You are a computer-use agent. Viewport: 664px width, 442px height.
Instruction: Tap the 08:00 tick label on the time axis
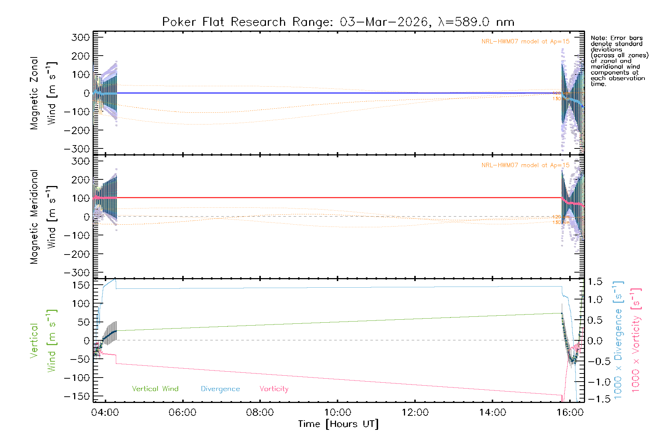click(260, 412)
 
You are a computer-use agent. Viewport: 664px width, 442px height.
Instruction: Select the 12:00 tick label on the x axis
click(415, 412)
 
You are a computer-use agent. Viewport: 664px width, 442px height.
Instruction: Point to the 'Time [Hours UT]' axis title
click(338, 424)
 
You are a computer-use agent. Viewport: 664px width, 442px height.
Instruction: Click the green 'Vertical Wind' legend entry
click(155, 389)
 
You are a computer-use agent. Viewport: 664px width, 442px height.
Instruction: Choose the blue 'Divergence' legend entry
click(220, 389)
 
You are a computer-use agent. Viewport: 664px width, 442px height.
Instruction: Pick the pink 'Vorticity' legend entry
click(274, 389)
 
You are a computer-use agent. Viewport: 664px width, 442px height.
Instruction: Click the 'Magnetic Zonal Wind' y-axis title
click(43, 93)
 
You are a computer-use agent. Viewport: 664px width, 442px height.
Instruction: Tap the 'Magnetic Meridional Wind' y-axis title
click(43, 217)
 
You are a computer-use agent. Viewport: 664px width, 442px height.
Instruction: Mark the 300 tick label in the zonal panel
click(80, 38)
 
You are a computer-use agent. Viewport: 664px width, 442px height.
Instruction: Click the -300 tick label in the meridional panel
click(77, 273)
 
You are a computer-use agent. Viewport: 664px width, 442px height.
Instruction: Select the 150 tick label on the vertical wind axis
click(80, 285)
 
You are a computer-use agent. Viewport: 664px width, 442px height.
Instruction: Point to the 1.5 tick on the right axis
click(595, 282)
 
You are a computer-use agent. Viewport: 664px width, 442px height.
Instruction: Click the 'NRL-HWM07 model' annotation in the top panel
click(525, 42)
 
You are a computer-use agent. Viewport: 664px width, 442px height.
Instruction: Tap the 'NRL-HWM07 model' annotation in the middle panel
click(525, 165)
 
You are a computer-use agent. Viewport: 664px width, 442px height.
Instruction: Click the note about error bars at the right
click(619, 61)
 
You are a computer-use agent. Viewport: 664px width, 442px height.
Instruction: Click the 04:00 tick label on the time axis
click(105, 412)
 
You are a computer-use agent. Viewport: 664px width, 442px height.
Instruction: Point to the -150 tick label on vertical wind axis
click(77, 397)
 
